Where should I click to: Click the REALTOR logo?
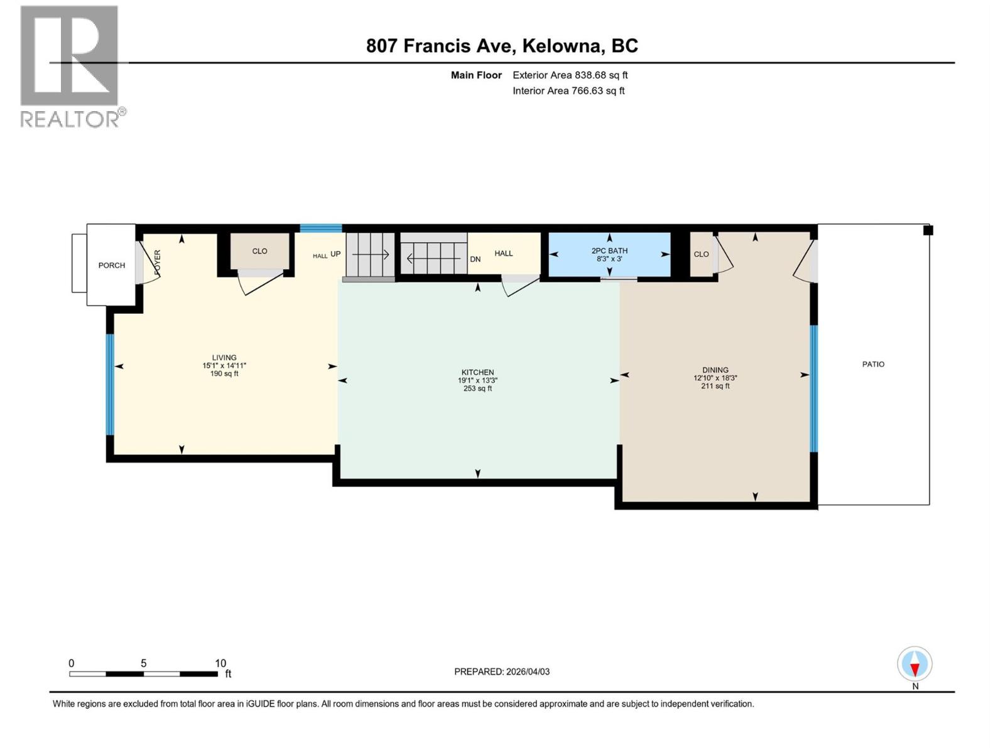point(69,66)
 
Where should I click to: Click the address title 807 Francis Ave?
point(502,46)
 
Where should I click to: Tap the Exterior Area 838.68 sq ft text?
point(570,75)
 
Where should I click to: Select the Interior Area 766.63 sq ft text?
point(568,91)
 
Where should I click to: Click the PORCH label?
point(112,265)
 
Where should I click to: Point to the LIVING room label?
point(224,358)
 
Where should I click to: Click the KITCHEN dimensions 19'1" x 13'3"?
point(477,380)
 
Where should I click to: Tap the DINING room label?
point(715,370)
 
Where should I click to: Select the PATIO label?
point(873,364)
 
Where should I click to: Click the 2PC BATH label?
point(609,251)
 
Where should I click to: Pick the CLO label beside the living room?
point(259,251)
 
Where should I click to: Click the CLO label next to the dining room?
point(701,254)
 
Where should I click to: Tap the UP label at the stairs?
point(335,254)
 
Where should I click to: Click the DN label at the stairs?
point(475,259)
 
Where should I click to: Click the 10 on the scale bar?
point(220,663)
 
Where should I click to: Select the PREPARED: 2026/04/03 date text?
point(502,671)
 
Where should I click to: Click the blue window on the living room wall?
point(110,384)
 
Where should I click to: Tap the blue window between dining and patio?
point(813,388)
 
